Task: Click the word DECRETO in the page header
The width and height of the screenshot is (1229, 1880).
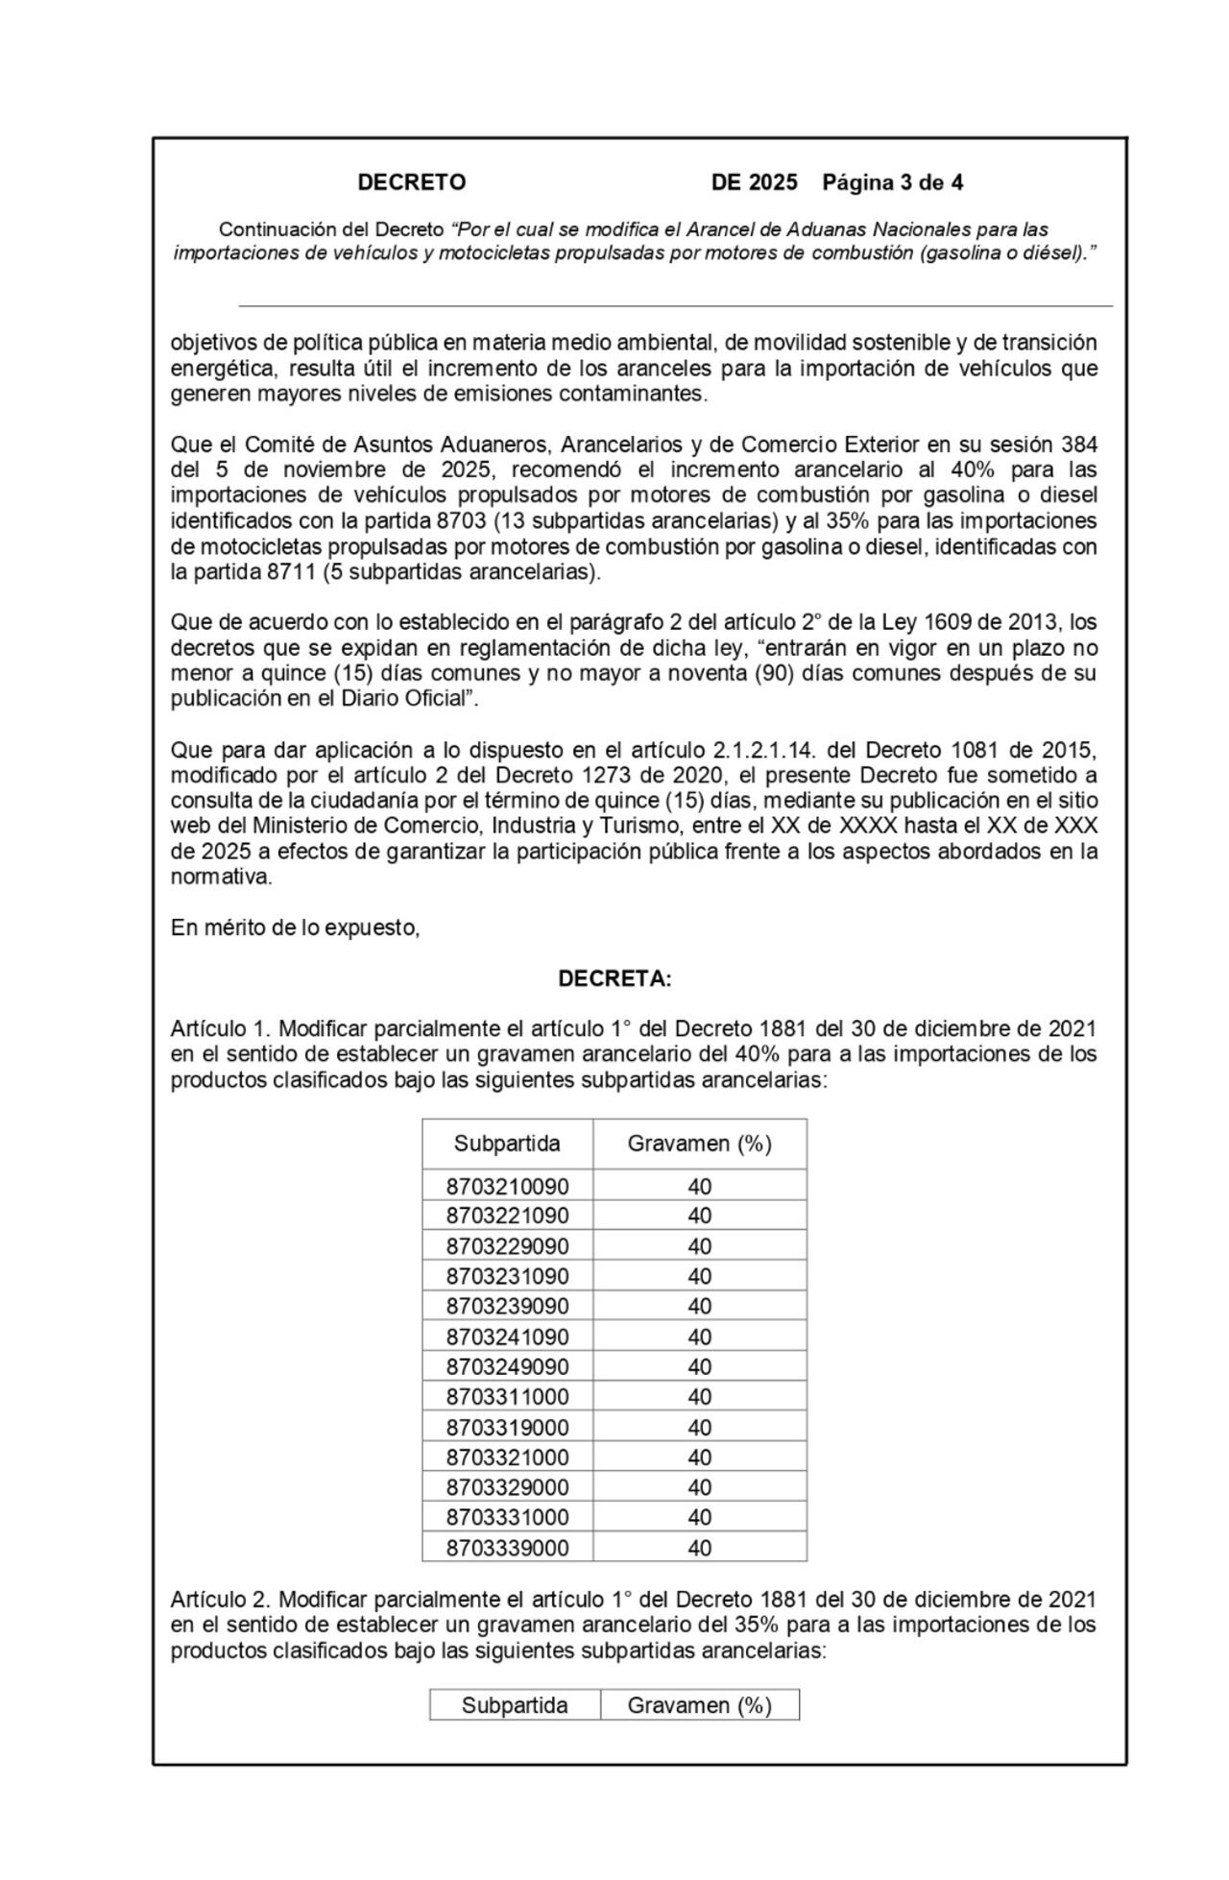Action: pos(411,182)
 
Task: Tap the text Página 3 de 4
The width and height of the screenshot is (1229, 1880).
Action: pos(893,182)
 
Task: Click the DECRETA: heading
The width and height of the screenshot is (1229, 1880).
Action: pos(614,978)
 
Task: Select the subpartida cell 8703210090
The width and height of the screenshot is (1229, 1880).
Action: pos(507,1186)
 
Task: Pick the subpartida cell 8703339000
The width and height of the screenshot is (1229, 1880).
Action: pos(507,1548)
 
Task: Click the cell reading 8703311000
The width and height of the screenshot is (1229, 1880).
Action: pos(507,1397)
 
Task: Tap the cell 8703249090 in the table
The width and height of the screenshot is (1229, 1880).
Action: pos(507,1366)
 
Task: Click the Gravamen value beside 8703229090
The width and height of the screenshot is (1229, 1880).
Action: pos(699,1246)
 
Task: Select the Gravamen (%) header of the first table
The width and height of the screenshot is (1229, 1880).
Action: pos(699,1144)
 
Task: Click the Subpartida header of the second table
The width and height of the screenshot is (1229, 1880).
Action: pos(515,1705)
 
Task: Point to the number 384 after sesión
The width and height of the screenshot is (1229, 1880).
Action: pos(1078,445)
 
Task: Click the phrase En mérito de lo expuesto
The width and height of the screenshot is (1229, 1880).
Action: pos(295,928)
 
